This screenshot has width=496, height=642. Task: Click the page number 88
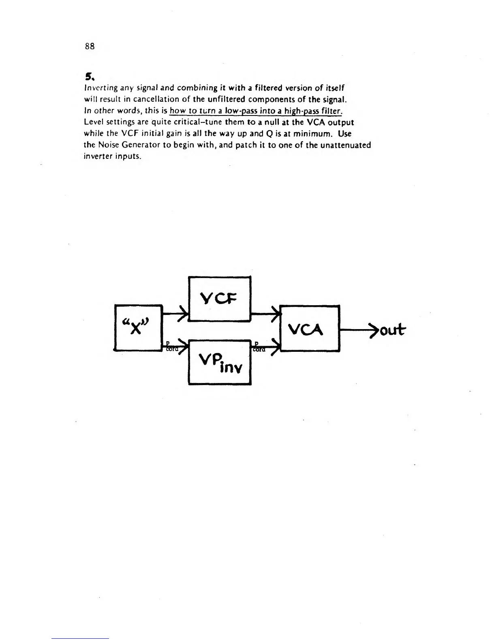pyautogui.click(x=90, y=46)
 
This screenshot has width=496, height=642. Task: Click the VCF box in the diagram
pyautogui.click(x=220, y=299)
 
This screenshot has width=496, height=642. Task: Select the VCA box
pyautogui.click(x=310, y=328)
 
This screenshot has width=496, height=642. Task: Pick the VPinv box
pyautogui.click(x=220, y=362)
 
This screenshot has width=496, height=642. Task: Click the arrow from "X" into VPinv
pyautogui.click(x=175, y=346)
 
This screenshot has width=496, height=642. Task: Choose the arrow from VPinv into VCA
pyautogui.click(x=266, y=346)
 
